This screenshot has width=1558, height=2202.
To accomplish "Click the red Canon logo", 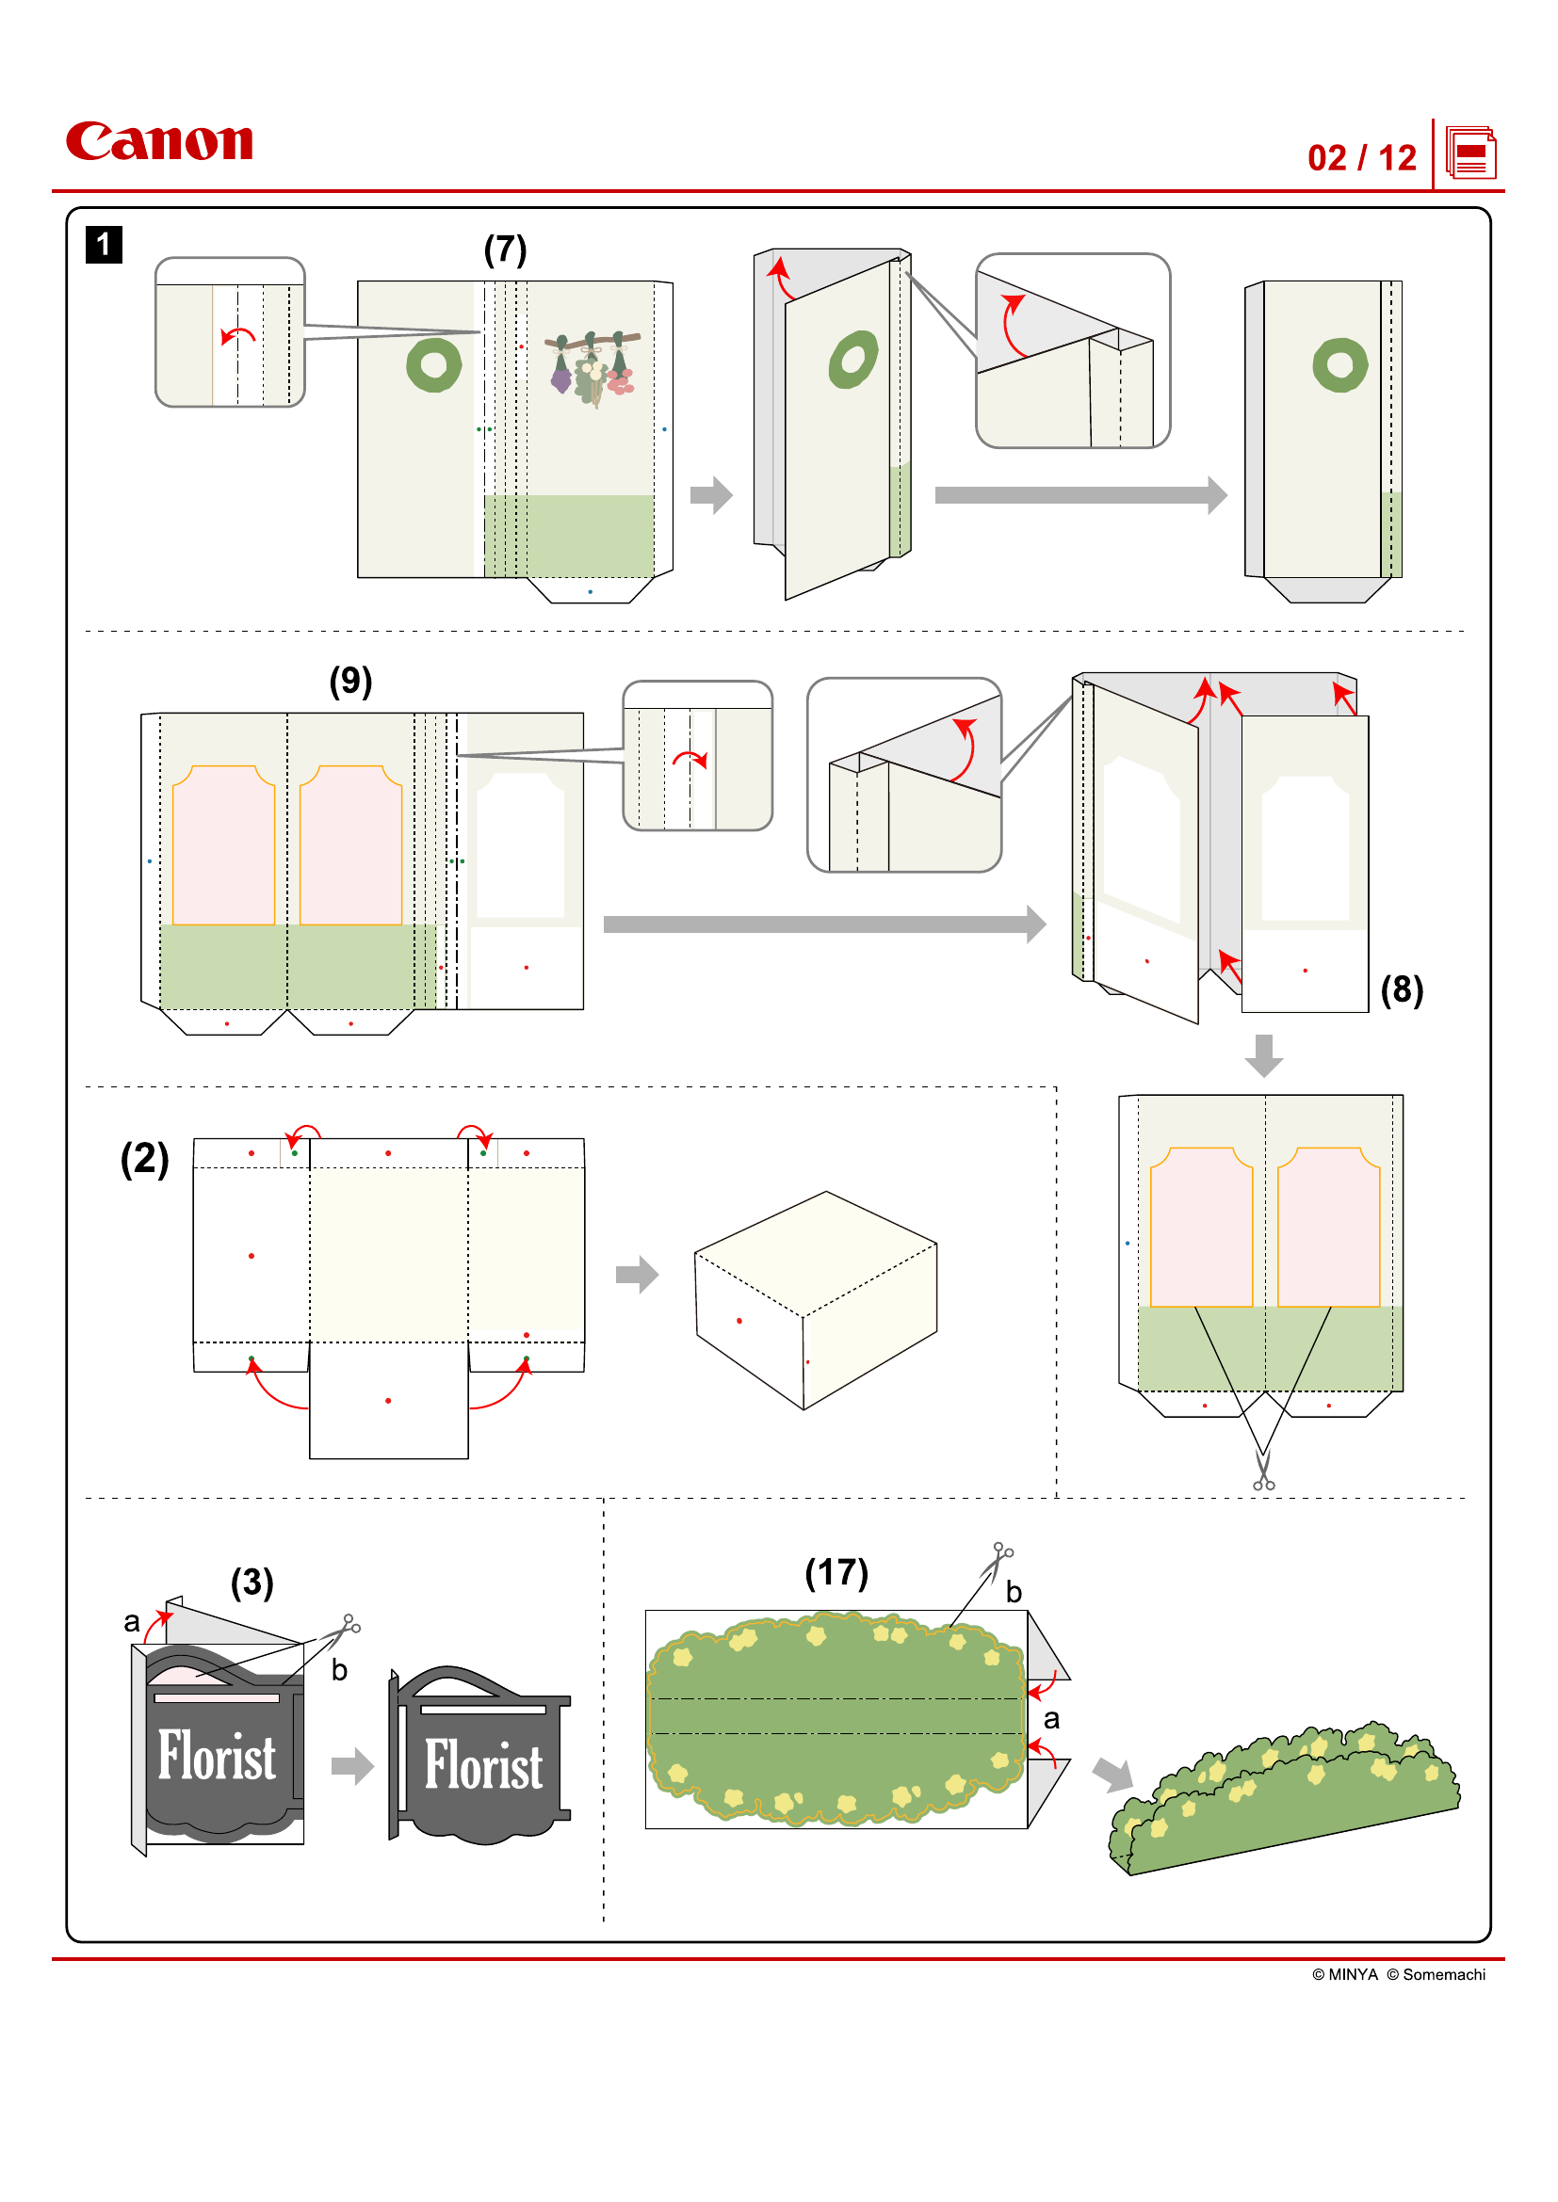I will pyautogui.click(x=159, y=141).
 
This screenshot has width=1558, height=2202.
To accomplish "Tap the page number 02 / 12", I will pyautogui.click(x=1361, y=158).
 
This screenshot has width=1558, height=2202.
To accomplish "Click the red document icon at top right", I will pyautogui.click(x=1470, y=153).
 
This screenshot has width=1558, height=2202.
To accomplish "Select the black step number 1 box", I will pyautogui.click(x=104, y=245).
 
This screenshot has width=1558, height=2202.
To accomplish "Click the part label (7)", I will pyautogui.click(x=505, y=249).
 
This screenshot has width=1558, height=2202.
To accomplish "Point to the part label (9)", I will pyautogui.click(x=350, y=681).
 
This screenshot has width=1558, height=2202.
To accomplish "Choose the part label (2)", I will pyautogui.click(x=144, y=1159).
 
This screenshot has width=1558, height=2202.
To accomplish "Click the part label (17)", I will pyautogui.click(x=836, y=1573).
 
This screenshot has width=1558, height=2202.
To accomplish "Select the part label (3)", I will pyautogui.click(x=252, y=1583).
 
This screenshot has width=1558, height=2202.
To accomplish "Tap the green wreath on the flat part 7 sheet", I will pyautogui.click(x=433, y=364).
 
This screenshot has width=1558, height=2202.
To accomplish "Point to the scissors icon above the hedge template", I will pyautogui.click(x=998, y=1557).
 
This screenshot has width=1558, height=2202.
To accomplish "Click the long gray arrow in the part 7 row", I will pyautogui.click(x=1080, y=495).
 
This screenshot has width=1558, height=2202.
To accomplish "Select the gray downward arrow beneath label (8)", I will pyautogui.click(x=1263, y=1055).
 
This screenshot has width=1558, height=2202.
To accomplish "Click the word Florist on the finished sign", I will pyautogui.click(x=483, y=1765).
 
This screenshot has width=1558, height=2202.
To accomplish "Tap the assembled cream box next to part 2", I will pyautogui.click(x=816, y=1299).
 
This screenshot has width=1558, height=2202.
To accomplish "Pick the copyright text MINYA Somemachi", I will pyautogui.click(x=1398, y=1974).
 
